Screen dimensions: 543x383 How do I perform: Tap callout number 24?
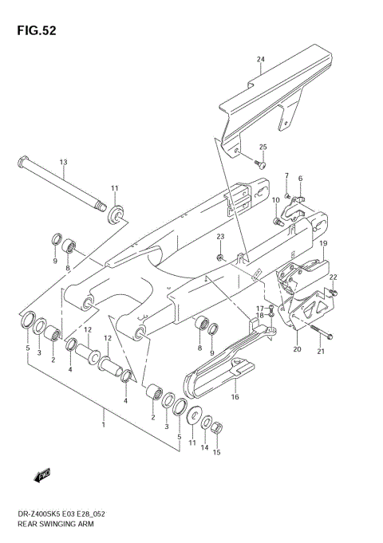click(260, 60)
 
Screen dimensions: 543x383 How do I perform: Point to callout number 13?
click(62, 163)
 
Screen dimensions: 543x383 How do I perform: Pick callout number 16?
click(235, 396)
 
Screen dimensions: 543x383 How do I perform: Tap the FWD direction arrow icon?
click(42, 477)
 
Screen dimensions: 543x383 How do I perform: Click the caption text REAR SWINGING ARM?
click(49, 527)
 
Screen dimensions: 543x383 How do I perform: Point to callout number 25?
click(263, 147)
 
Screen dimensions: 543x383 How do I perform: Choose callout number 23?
click(221, 237)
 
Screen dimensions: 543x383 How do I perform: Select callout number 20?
click(297, 349)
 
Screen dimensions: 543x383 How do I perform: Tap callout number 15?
click(216, 452)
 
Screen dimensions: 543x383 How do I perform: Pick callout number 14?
click(204, 449)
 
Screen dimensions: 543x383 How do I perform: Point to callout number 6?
click(300, 178)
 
